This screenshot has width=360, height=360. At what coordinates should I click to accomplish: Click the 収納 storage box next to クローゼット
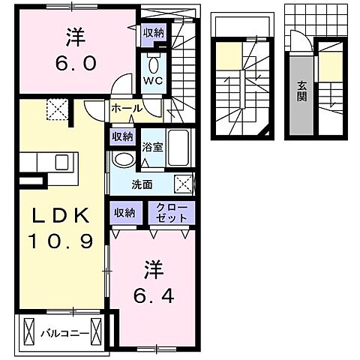[x=125, y=213]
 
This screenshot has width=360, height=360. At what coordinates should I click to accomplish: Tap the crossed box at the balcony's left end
[x=29, y=331]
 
